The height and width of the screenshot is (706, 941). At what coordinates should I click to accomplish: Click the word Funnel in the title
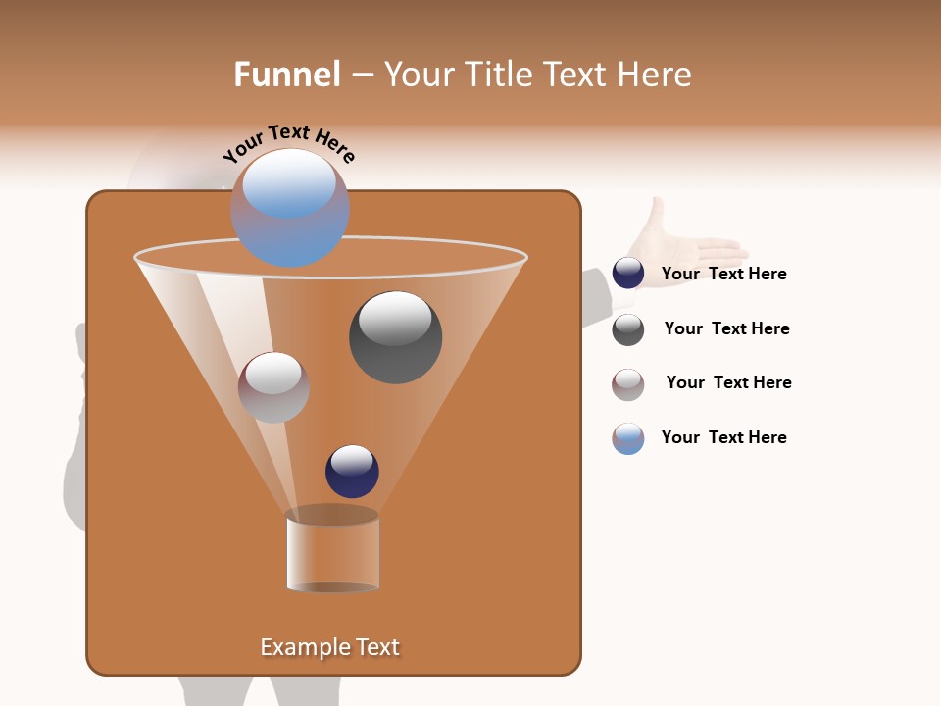point(287,75)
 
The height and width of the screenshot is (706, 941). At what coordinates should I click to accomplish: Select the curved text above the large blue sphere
point(289,142)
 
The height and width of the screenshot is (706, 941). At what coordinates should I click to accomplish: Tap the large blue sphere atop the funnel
point(290,208)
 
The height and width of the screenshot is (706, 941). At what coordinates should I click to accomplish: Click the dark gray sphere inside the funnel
point(396,338)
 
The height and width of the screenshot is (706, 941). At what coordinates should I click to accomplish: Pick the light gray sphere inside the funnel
point(273,387)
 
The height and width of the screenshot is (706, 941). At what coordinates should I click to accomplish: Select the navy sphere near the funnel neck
point(352,472)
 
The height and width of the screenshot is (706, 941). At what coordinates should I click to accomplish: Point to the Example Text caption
point(330,647)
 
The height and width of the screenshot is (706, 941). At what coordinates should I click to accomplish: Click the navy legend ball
point(628,274)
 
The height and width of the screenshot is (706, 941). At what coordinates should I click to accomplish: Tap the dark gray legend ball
point(628,329)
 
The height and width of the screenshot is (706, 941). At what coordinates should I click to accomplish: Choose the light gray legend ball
point(628,384)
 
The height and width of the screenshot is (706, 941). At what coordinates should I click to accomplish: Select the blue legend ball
point(628,438)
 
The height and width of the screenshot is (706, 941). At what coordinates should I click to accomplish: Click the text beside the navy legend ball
point(724,274)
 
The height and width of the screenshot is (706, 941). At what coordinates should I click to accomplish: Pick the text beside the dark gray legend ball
point(726,328)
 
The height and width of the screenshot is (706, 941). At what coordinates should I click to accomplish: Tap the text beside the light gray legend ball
point(728,382)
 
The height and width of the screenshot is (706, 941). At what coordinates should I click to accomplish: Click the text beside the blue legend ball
point(724,437)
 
